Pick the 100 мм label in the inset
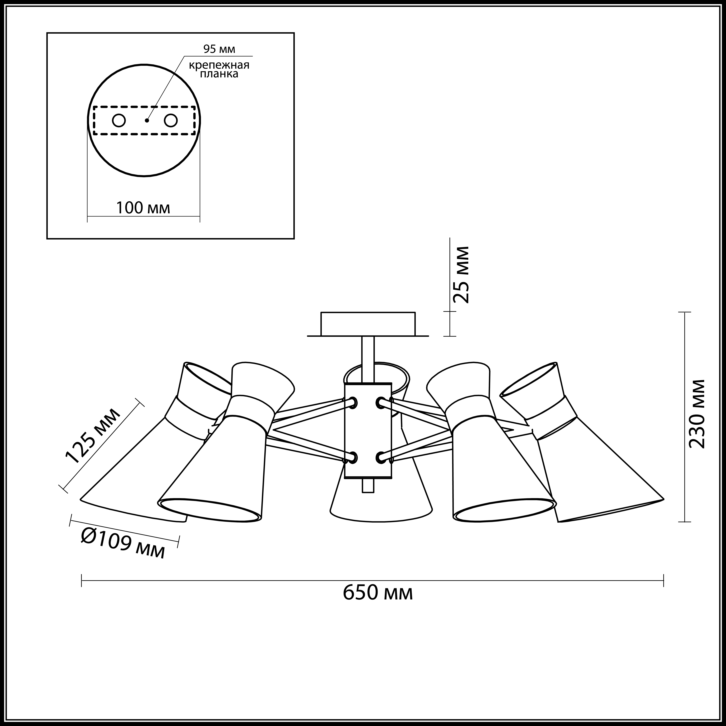(x=143, y=208)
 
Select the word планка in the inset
(x=219, y=74)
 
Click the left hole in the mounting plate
(x=119, y=121)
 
